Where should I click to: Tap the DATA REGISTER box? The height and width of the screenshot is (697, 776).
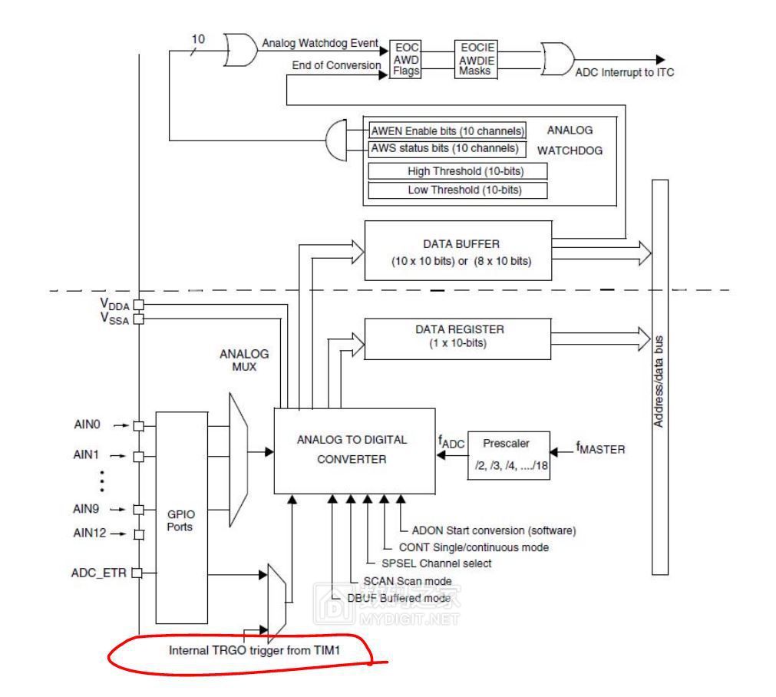457,337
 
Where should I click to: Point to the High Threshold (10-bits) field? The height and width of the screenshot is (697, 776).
457,171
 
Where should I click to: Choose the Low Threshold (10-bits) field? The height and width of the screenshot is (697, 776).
457,190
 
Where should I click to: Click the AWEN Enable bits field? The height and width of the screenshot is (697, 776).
447,130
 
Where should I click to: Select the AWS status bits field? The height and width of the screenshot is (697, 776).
444,147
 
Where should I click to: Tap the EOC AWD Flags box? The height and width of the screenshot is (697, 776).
405,58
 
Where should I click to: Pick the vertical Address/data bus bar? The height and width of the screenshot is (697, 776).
660,376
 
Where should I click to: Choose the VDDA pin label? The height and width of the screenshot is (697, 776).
114,304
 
